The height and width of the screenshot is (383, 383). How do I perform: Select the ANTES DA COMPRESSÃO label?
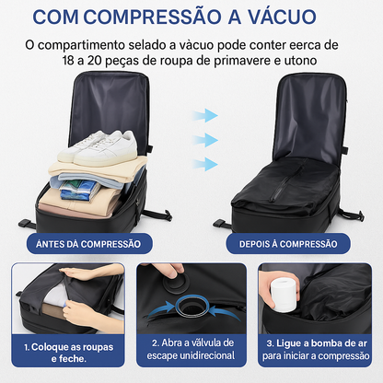pos(87,244)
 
